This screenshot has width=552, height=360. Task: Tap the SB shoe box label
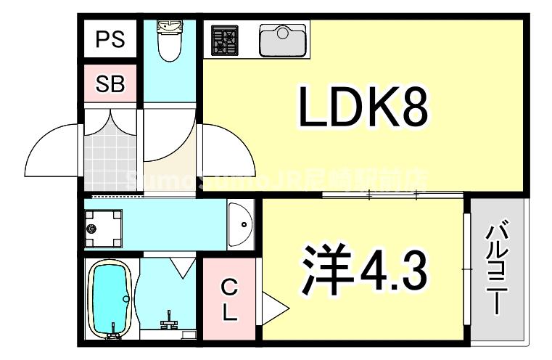click(x=111, y=84)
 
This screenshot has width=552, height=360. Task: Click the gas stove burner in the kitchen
click(x=226, y=41)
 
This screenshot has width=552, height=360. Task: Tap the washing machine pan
click(x=101, y=227)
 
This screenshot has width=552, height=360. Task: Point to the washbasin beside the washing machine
click(x=240, y=224)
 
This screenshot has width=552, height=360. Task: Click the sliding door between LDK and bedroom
click(x=392, y=195)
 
